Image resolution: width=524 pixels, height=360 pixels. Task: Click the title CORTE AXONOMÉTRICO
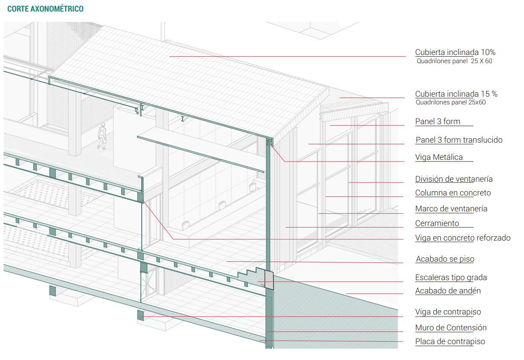pyautogui.click(x=46, y=9)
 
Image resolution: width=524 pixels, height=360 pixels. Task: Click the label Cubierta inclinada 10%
pyautogui.click(x=455, y=52)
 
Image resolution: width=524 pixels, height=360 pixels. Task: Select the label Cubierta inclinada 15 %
pyautogui.click(x=456, y=94)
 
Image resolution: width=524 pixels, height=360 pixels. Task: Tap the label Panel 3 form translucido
pyautogui.click(x=459, y=140)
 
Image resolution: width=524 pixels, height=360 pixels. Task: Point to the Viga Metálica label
pyautogui.click(x=439, y=157)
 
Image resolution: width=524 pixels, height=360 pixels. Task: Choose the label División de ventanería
pyautogui.click(x=454, y=179)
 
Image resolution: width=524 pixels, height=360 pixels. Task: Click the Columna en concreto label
pyautogui.click(x=453, y=193)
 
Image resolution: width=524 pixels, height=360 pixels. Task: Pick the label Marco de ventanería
pyautogui.click(x=451, y=209)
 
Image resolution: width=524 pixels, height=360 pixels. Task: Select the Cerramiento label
pyautogui.click(x=437, y=223)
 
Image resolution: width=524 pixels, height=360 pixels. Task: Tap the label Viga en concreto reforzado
pyautogui.click(x=463, y=238)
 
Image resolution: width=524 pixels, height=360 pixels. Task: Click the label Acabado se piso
pyautogui.click(x=445, y=259)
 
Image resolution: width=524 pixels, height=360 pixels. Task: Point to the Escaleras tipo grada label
pyautogui.click(x=451, y=278)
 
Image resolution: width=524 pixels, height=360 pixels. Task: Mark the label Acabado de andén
pyautogui.click(x=448, y=291)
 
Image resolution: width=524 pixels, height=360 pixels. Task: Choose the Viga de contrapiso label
pyautogui.click(x=448, y=312)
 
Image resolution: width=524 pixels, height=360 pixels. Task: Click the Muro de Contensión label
pyautogui.click(x=451, y=328)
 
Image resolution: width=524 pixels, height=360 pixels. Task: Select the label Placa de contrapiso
pyautogui.click(x=450, y=342)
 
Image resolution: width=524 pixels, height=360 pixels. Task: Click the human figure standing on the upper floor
pyautogui.click(x=102, y=136)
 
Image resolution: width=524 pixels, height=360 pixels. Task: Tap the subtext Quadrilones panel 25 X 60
pyautogui.click(x=454, y=61)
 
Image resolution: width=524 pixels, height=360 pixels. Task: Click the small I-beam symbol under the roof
pyautogui.click(x=183, y=119)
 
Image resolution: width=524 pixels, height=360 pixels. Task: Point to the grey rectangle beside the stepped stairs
pyautogui.click(x=268, y=280)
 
